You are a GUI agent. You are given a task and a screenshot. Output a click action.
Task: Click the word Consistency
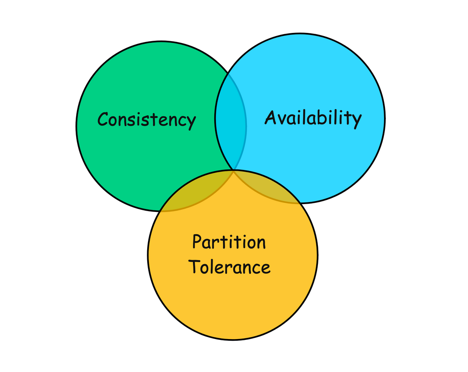[x=146, y=120]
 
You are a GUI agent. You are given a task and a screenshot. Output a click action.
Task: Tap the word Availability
[x=313, y=118]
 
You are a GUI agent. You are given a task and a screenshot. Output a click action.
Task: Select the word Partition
[x=229, y=242]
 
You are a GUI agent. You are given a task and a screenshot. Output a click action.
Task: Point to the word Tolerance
[x=229, y=267]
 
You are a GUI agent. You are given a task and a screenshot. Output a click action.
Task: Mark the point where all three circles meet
[x=234, y=170]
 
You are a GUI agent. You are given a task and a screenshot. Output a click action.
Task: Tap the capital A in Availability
[x=270, y=117]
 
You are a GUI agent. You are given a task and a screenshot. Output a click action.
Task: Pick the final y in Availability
[x=356, y=121]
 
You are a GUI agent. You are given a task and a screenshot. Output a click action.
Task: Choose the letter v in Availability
[x=281, y=119]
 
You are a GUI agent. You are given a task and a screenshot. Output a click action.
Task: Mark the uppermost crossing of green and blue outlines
[x=229, y=74]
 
